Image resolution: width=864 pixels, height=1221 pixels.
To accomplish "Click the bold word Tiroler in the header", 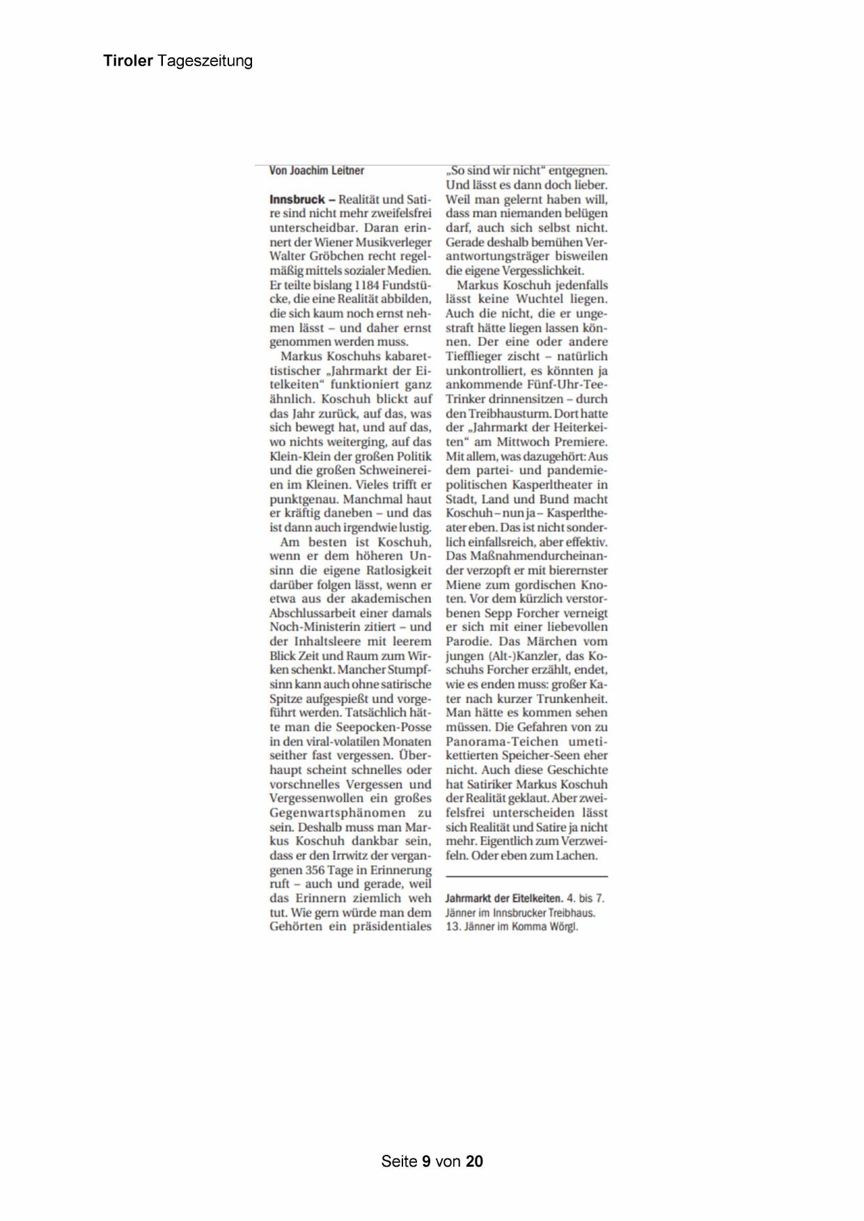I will (x=128, y=61).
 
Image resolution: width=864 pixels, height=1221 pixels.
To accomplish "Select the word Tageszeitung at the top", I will (x=205, y=62).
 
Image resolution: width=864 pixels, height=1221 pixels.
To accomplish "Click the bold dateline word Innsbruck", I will (x=297, y=200).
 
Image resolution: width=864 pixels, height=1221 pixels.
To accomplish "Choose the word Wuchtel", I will (x=540, y=299).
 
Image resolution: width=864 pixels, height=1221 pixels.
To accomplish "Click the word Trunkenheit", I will (x=573, y=699).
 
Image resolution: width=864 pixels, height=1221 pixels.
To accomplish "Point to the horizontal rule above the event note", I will (x=526, y=876).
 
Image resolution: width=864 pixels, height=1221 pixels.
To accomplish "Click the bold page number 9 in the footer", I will (x=426, y=1161).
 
